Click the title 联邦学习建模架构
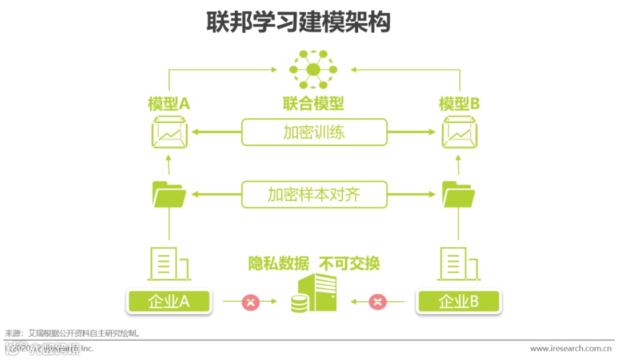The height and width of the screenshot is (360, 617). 299,23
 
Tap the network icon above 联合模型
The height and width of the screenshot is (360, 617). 313,70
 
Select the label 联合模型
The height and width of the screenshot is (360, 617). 314,103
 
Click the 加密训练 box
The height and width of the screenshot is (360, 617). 314,132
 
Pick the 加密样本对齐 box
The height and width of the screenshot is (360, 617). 314,195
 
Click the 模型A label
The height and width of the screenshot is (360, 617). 169,104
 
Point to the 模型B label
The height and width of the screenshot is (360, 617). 459,104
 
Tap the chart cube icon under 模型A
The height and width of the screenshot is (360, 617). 169,132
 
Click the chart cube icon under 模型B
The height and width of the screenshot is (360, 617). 459,132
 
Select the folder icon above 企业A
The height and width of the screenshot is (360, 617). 169,194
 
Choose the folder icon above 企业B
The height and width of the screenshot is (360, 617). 459,194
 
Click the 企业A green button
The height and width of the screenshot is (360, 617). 169,301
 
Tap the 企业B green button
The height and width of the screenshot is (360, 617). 459,301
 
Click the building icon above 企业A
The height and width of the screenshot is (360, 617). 169,264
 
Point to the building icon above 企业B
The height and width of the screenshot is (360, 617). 459,264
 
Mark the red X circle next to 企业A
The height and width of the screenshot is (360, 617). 251,301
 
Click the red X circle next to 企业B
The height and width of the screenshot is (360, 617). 377,301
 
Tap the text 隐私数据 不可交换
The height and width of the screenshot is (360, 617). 314,263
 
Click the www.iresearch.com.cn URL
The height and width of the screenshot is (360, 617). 571,349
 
